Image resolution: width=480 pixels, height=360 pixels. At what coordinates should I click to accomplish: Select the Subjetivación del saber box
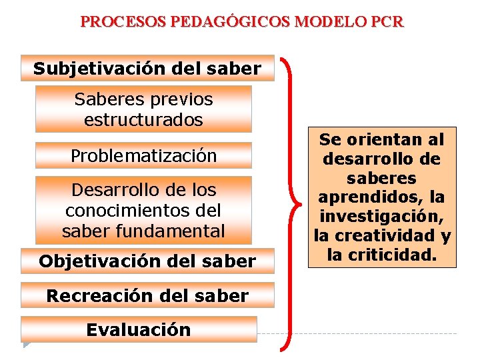point(147,68)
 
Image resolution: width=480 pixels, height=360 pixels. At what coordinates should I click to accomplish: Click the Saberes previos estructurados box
point(143,109)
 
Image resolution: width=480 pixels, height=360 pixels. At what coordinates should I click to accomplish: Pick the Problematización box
point(143,155)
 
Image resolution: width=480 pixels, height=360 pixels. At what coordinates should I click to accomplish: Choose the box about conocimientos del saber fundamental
point(143,210)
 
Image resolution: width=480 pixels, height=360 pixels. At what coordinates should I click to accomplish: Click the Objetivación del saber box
point(147,261)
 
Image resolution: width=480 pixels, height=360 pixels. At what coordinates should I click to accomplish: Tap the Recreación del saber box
point(147,295)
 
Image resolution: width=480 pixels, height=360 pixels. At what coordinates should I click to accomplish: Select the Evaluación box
point(139,329)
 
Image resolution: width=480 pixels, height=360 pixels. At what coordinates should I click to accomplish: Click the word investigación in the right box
point(382,217)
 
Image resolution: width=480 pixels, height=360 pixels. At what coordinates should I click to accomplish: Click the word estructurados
point(143,120)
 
